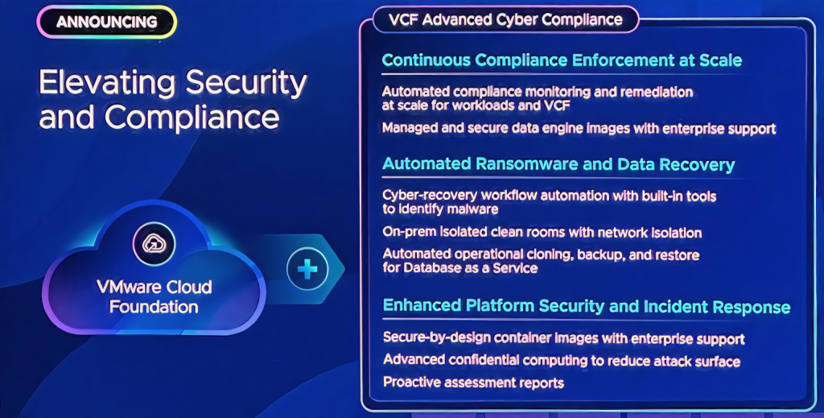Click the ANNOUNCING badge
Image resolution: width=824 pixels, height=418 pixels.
pyautogui.click(x=107, y=22)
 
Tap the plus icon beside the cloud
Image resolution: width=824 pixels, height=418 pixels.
pyautogui.click(x=307, y=269)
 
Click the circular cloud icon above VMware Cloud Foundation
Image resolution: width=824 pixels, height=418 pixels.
pyautogui.click(x=154, y=243)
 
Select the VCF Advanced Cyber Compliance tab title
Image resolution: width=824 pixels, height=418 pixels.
pyautogui.click(x=505, y=20)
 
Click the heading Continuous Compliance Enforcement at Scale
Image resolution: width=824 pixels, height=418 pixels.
pyautogui.click(x=562, y=60)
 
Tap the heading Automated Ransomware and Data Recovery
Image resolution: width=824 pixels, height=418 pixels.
pyautogui.click(x=558, y=164)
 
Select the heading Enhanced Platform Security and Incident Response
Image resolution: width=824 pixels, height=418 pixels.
pyautogui.click(x=587, y=306)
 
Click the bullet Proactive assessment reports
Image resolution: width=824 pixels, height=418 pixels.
pyautogui.click(x=473, y=383)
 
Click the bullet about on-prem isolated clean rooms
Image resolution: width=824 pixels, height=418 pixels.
pyautogui.click(x=542, y=233)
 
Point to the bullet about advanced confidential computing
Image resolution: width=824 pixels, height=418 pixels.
pyautogui.click(x=562, y=360)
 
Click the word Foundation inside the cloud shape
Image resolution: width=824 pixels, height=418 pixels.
pyautogui.click(x=154, y=307)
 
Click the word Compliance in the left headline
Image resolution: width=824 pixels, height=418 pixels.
pyautogui.click(x=192, y=118)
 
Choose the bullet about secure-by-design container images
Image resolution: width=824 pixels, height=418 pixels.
pyautogui.click(x=564, y=338)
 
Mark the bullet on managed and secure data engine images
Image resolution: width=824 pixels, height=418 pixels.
pyautogui.click(x=579, y=128)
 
